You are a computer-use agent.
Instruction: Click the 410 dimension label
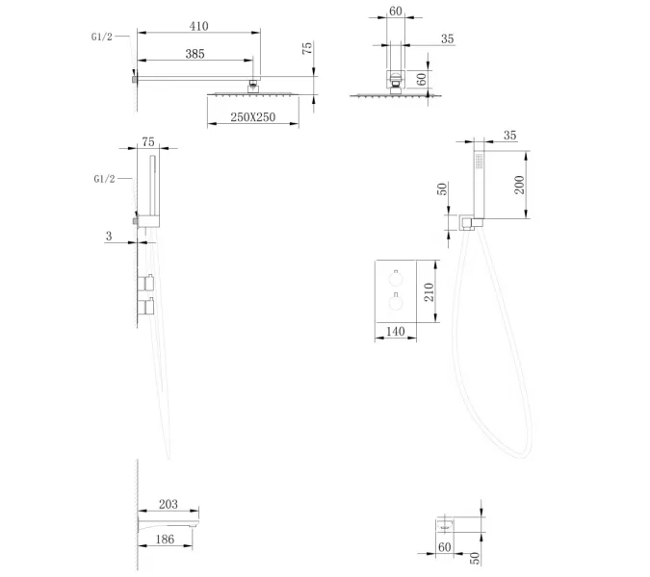point(198,26)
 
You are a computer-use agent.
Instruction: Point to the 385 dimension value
point(195,54)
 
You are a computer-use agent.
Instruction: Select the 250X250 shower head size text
point(253,117)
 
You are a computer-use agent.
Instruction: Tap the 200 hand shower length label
point(519,185)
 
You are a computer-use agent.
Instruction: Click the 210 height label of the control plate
point(429,291)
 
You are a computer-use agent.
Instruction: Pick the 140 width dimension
point(395,331)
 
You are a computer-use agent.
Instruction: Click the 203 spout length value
point(169,504)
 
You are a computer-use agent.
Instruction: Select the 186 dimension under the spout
point(165,539)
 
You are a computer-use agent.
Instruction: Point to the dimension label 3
point(109,236)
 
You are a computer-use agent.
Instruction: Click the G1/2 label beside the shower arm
point(102,37)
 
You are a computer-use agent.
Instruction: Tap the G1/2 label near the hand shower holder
point(104,179)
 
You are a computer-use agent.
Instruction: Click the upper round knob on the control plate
point(396,280)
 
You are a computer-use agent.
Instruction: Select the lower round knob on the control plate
point(396,303)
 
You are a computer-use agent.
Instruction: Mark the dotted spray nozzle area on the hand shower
point(479,161)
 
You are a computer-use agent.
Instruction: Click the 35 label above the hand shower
point(509,136)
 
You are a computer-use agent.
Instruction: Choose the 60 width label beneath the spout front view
point(444,547)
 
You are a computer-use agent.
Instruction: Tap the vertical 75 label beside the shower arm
point(307,48)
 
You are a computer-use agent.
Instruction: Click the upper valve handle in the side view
point(146,283)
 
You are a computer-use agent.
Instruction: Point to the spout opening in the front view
point(446,527)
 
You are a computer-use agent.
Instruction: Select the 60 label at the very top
point(396,12)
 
